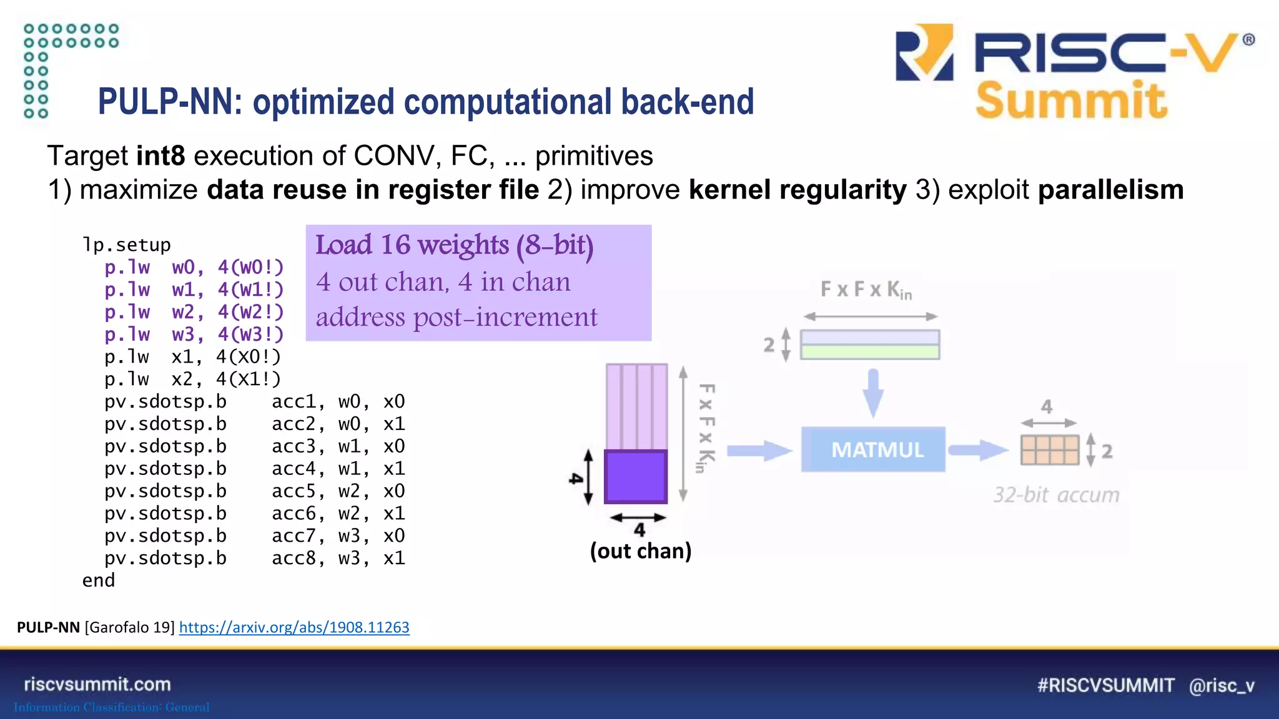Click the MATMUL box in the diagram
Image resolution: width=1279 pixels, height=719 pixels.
tap(872, 449)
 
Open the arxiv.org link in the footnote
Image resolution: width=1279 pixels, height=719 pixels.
tap(294, 627)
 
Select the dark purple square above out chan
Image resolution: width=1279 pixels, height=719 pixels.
tap(636, 477)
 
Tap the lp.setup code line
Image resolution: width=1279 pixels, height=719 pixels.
tap(126, 245)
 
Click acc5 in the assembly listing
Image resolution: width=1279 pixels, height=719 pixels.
tap(294, 491)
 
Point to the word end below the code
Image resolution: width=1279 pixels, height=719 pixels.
tap(99, 580)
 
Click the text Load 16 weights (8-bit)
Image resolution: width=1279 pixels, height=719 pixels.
tap(454, 245)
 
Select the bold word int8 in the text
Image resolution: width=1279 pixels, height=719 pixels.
tap(160, 155)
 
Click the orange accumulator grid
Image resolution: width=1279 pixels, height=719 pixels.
tap(1050, 450)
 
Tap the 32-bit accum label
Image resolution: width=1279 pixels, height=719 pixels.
tap(1056, 495)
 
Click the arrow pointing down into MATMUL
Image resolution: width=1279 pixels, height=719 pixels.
tap(873, 393)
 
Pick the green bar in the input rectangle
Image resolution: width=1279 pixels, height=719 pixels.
tap(870, 352)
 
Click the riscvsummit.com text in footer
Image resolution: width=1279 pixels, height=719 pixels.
tap(97, 684)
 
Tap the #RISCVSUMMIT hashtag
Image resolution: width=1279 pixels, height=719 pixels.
tap(1105, 685)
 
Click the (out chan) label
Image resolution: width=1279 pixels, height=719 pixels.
tap(641, 551)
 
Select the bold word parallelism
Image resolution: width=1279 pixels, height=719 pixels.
tap(1110, 190)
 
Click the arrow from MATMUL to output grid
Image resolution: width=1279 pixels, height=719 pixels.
tap(977, 450)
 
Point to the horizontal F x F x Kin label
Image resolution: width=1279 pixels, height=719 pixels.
tap(866, 290)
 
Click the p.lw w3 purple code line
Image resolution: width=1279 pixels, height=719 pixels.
tap(194, 335)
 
